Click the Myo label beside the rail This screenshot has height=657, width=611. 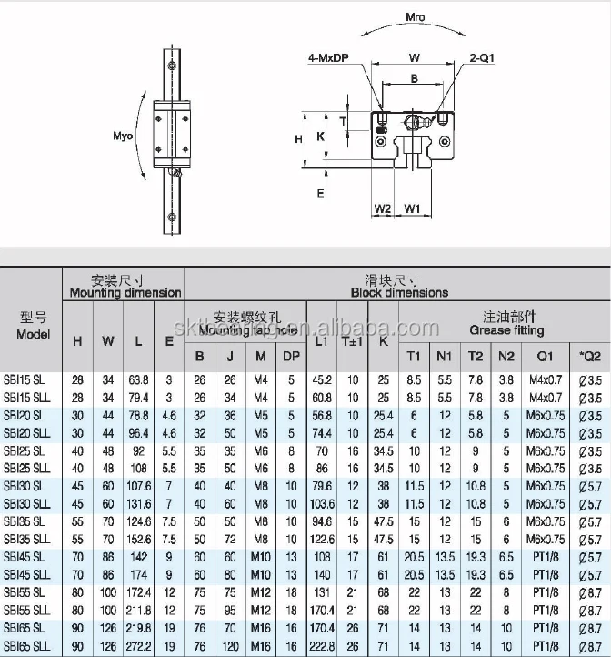click(x=123, y=136)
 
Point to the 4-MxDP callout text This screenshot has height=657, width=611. click(x=329, y=59)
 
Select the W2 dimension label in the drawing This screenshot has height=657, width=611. click(x=383, y=208)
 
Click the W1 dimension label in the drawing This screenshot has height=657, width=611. click(x=412, y=208)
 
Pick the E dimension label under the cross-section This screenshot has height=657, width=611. click(x=321, y=193)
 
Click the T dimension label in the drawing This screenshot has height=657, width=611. click(x=343, y=120)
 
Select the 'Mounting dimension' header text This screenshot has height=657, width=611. click(x=126, y=293)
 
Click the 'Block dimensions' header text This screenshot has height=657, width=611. click(x=399, y=293)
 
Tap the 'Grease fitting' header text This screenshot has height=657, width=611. click(x=506, y=330)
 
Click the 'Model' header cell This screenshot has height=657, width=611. click(x=33, y=334)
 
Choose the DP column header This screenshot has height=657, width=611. click(x=291, y=356)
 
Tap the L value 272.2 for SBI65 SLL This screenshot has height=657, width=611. click(x=138, y=646)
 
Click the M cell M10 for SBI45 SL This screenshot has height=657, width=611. click(x=261, y=557)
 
